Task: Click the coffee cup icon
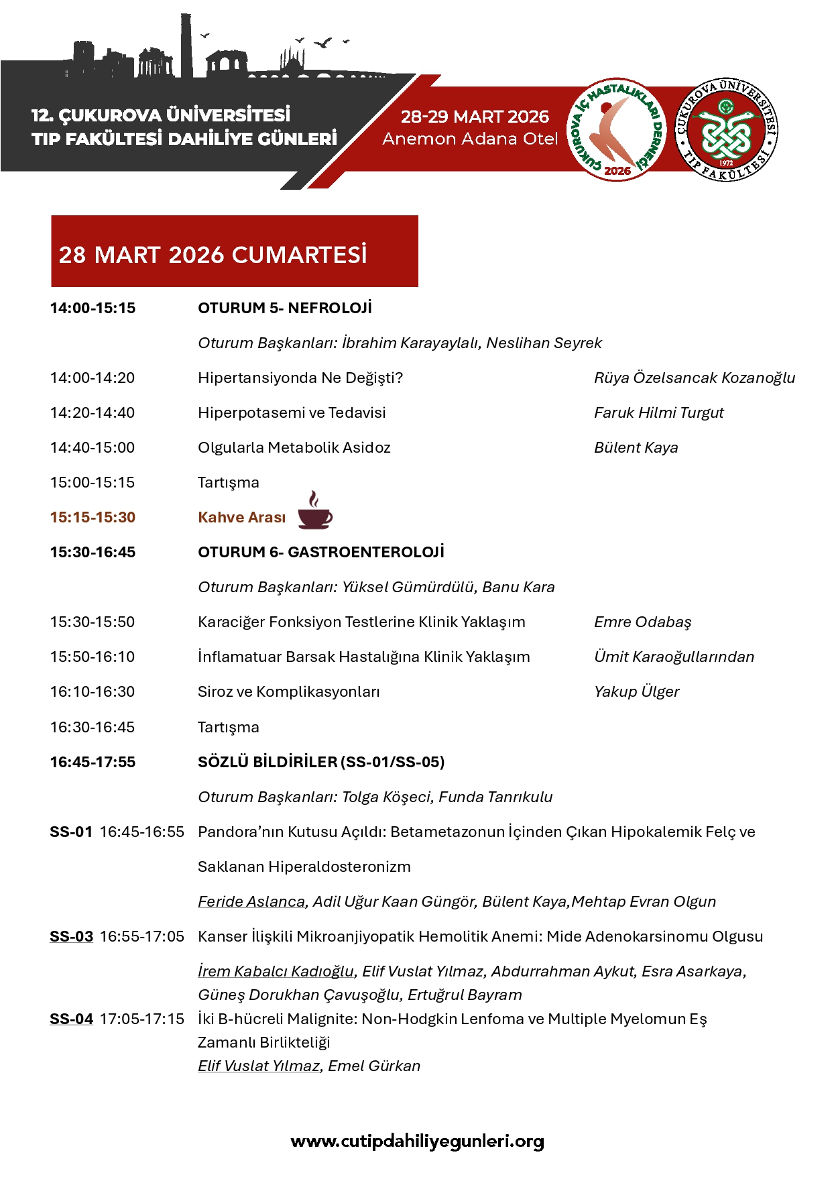pos(314,512)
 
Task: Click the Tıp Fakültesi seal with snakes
pos(727,129)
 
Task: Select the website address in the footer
pos(417,1141)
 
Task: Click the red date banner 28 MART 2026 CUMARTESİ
pos(235,251)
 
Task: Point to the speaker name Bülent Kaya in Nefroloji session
pos(636,448)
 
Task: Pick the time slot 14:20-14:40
pos(93,413)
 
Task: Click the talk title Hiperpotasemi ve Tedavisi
pos(292,413)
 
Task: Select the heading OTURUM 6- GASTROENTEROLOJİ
pos(321,553)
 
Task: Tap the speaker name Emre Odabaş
pos(642,622)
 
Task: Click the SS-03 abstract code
pos(71,937)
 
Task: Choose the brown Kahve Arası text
pos(241,518)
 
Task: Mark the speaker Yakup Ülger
pos(636,692)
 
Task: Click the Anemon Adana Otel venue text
pos(470,139)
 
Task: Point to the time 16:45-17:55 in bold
pos(93,763)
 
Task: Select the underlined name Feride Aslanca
pos(251,902)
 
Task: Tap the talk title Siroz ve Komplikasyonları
pos(288,692)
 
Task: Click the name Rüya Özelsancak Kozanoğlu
pos(695,378)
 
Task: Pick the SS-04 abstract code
pos(71,1019)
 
